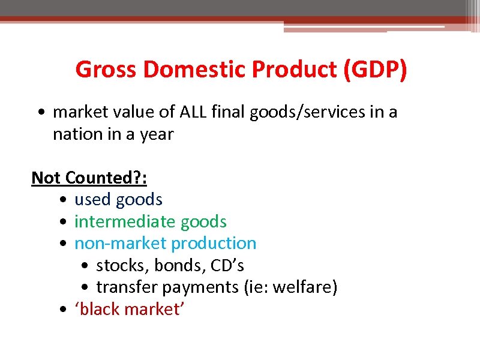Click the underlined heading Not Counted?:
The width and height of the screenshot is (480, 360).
(x=89, y=178)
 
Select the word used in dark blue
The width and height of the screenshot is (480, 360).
(x=93, y=199)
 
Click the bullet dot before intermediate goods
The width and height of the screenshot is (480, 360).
(x=64, y=222)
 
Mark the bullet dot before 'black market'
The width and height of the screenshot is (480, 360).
(x=64, y=310)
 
